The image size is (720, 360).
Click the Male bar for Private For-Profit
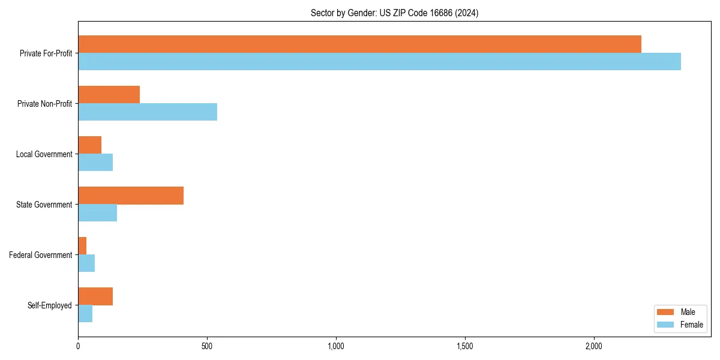pyautogui.click(x=359, y=44)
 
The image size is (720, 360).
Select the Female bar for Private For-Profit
pyautogui.click(x=379, y=62)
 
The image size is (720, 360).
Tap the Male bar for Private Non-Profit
pyautogui.click(x=109, y=95)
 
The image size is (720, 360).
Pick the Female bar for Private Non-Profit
pyautogui.click(x=148, y=112)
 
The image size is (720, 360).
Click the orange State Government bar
pyautogui.click(x=131, y=196)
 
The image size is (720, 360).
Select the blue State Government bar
pyautogui.click(x=97, y=213)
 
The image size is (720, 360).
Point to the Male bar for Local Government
pyautogui.click(x=89, y=145)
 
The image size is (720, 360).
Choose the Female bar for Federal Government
pyautogui.click(x=86, y=263)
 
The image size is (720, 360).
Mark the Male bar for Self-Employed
pyautogui.click(x=95, y=296)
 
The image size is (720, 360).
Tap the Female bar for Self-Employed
pyautogui.click(x=85, y=314)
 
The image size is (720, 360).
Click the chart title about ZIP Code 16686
pyautogui.click(x=394, y=13)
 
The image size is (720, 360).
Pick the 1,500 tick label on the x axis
pyautogui.click(x=465, y=346)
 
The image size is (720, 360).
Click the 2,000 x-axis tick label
pyautogui.click(x=593, y=346)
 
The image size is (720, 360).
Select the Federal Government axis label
pyautogui.click(x=41, y=255)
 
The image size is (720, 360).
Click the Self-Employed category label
pyautogui.click(x=50, y=305)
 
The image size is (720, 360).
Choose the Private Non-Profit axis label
pyautogui.click(x=44, y=104)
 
